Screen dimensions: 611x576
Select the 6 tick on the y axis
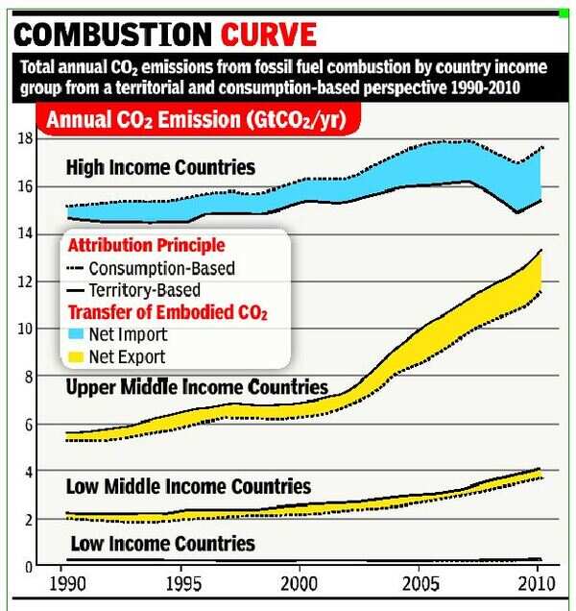(x=30, y=425)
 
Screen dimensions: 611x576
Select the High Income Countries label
(x=160, y=168)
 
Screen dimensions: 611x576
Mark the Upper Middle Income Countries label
(x=197, y=387)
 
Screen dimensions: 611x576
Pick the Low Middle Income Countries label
(x=188, y=486)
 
